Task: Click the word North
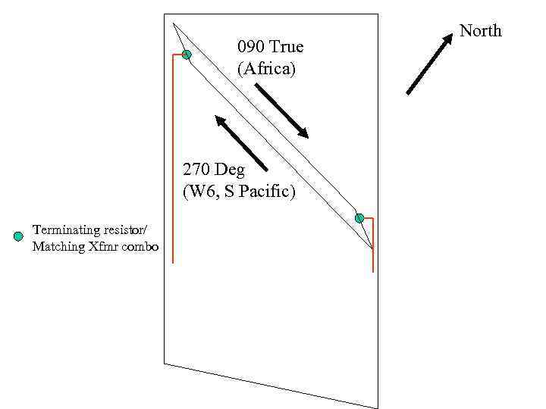pos(481,31)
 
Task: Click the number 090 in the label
pos(251,47)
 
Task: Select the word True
pos(286,47)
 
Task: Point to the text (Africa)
pos(266,69)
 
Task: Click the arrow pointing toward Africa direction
pos(281,111)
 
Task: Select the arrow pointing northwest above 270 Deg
pos(241,142)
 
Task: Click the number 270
pos(196,169)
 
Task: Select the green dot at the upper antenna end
pos(187,55)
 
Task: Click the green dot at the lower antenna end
pos(359,218)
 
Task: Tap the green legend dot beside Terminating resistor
pos(19,237)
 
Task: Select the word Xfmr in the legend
pos(101,246)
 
